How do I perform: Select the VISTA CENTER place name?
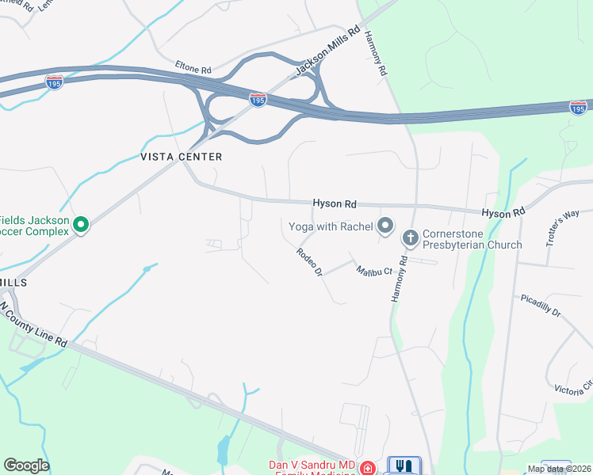[181, 157]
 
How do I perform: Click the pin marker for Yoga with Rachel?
[385, 226]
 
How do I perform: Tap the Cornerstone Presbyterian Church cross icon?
[411, 236]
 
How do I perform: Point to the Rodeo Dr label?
[308, 261]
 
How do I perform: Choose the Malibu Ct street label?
[374, 272]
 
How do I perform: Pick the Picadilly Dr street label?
[541, 306]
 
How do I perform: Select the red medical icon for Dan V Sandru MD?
[367, 468]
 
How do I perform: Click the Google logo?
[26, 465]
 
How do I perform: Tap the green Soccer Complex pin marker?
[80, 226]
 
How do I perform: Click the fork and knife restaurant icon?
[404, 466]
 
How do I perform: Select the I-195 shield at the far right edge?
[579, 106]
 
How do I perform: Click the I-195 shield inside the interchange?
[258, 100]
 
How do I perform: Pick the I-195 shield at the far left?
[54, 82]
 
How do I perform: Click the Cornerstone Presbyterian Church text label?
[472, 239]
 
